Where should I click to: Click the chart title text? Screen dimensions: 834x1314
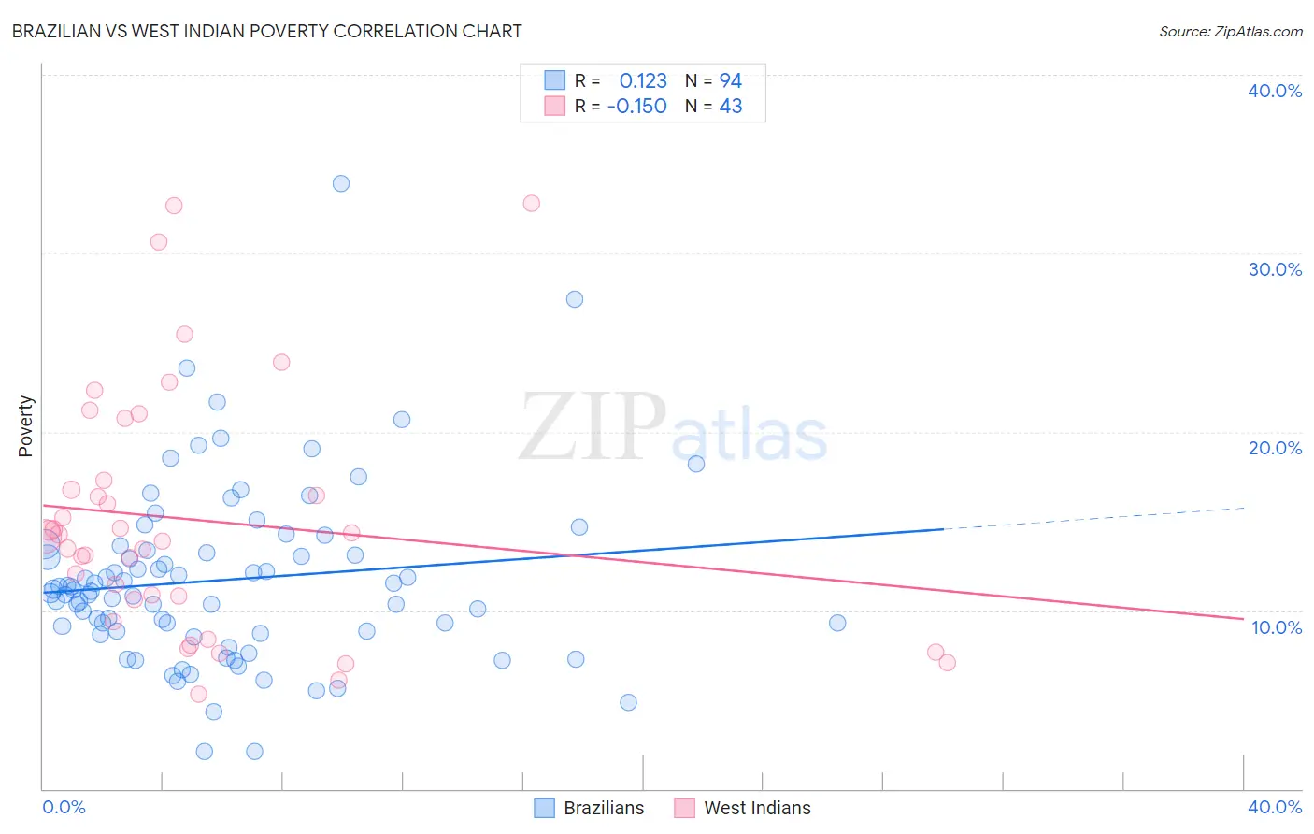266,31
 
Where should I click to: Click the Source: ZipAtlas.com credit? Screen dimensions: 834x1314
1230,31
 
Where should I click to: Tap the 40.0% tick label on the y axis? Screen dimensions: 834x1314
1275,91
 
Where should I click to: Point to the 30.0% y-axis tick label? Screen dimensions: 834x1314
1275,269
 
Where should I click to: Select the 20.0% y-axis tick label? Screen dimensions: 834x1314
1275,448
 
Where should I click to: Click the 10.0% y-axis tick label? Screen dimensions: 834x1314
1276,627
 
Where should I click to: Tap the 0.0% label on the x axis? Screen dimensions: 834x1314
64,807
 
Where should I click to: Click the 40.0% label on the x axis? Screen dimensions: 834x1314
1275,807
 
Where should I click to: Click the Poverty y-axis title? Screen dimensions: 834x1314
25,426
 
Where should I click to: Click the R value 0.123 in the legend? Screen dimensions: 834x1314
643,80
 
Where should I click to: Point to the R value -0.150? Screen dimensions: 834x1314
637,106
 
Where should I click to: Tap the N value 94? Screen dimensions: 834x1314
730,80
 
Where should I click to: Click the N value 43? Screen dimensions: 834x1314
730,106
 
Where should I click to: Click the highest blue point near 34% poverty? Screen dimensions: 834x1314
341,183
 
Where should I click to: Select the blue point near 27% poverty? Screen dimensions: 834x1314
575,299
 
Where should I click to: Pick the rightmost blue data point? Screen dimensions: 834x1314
837,623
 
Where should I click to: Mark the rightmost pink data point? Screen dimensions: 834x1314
947,663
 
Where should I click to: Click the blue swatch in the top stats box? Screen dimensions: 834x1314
555,80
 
